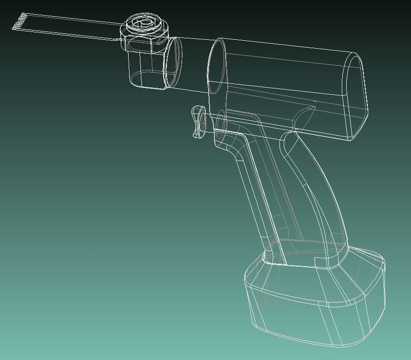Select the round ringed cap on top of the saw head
coord(144,23)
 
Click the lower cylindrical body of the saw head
coord(145,69)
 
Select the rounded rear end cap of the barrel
coord(356,95)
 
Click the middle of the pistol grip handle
coord(290,196)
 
